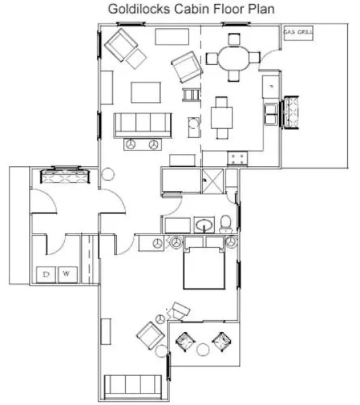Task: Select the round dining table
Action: pyautogui.click(x=234, y=57)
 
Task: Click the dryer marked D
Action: pyautogui.click(x=46, y=274)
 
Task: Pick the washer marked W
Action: pyautogui.click(x=67, y=274)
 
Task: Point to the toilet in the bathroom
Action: pyautogui.click(x=226, y=223)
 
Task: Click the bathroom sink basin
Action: pyautogui.click(x=204, y=223)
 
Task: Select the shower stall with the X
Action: pyautogui.click(x=212, y=182)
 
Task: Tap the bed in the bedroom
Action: pyautogui.click(x=204, y=267)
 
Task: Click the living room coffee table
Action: pyautogui.click(x=145, y=92)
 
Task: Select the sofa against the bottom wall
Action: pyautogui.click(x=132, y=387)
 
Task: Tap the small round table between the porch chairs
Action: pyautogui.click(x=203, y=349)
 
